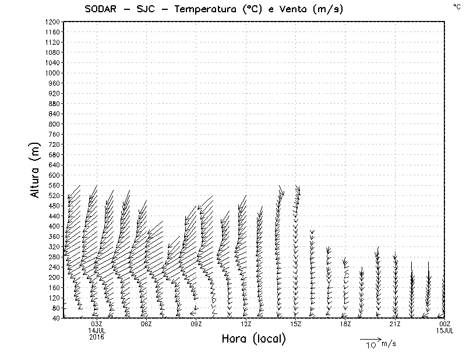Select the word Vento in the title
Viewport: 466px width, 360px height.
point(289,10)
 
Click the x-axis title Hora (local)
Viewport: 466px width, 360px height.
point(254,338)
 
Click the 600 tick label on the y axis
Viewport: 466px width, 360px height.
point(54,175)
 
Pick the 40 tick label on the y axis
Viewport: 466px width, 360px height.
point(56,317)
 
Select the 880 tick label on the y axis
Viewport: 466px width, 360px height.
point(54,103)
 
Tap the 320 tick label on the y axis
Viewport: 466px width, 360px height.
point(54,246)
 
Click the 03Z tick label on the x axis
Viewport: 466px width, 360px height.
point(97,324)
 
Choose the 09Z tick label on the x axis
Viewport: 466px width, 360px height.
point(196,324)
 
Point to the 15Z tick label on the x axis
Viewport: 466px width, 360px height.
point(296,324)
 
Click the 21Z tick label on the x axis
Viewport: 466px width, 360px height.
point(396,324)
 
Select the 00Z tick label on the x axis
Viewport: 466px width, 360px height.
point(445,324)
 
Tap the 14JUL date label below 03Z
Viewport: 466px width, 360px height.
point(97,330)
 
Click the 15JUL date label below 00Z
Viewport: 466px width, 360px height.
point(445,330)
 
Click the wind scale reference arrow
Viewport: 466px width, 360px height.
point(370,338)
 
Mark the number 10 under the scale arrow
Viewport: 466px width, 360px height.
point(370,345)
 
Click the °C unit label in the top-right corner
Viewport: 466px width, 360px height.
point(456,6)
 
